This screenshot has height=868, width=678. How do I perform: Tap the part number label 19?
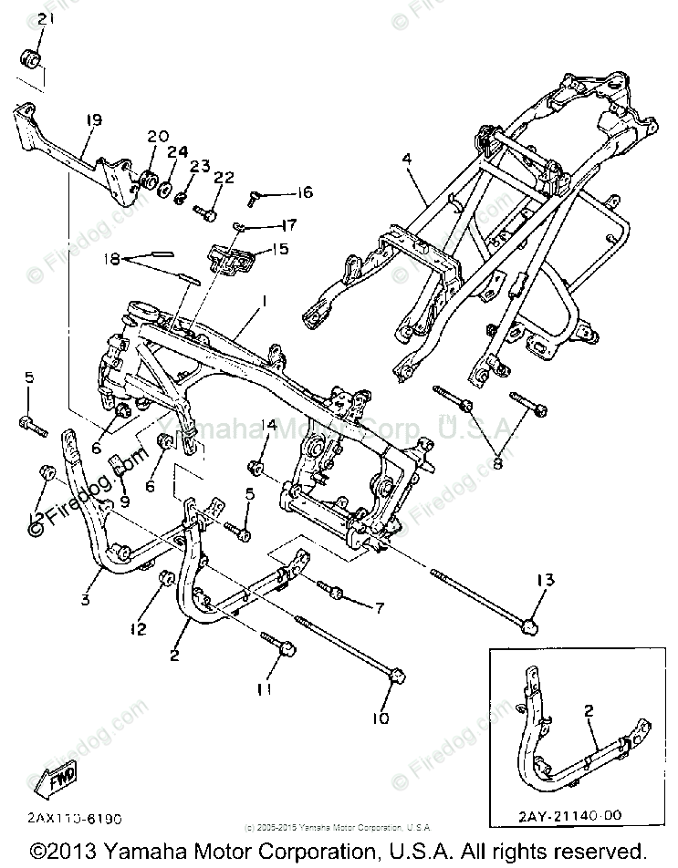pos(93,119)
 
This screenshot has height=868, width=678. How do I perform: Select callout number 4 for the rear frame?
pos(407,159)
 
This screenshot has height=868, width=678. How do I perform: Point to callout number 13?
pos(545,581)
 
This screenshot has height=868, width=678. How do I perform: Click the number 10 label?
pos(380,718)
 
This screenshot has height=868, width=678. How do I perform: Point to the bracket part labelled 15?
pos(231,259)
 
